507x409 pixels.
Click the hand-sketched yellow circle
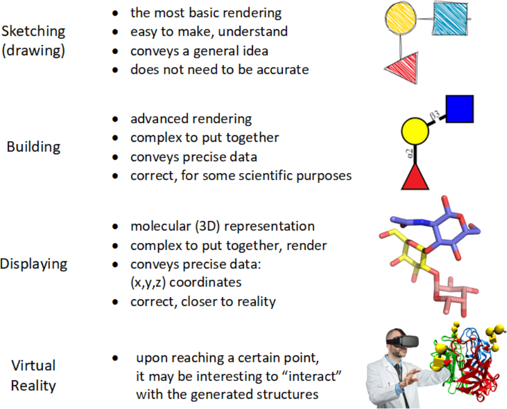point(401,18)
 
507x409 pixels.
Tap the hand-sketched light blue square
point(450,18)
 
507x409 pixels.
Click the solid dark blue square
point(459,109)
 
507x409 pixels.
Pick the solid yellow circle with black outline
point(415,131)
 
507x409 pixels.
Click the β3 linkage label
point(435,115)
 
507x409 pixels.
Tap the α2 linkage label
point(410,153)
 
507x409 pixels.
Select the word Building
point(33,147)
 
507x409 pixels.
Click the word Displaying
point(34,264)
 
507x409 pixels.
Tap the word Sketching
point(33,31)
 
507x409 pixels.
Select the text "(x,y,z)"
point(148,283)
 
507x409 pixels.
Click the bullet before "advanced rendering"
point(115,120)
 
